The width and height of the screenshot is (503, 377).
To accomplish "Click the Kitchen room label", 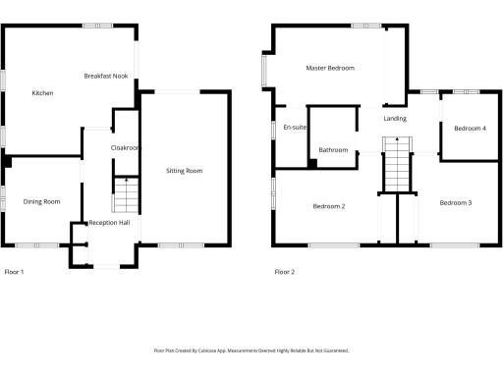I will click(x=42, y=93).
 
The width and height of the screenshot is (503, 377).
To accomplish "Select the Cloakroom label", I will click(x=127, y=147).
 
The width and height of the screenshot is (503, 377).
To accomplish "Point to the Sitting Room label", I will click(x=184, y=171).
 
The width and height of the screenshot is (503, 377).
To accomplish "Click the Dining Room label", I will click(x=42, y=201).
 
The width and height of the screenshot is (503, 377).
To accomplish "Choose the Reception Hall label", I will click(x=110, y=224).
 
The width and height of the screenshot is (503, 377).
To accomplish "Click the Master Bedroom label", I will click(x=329, y=69).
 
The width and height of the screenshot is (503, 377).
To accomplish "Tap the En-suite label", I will click(x=294, y=128).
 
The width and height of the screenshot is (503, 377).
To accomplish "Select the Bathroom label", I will click(x=334, y=150).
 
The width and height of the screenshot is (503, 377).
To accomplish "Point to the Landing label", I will click(x=395, y=118).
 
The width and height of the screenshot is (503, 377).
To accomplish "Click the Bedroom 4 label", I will click(x=470, y=128).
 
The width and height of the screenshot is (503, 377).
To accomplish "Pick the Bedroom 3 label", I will click(x=455, y=202).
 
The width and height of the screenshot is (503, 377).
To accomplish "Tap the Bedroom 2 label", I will click(x=329, y=206).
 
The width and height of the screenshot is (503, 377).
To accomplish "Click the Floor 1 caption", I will click(x=14, y=272).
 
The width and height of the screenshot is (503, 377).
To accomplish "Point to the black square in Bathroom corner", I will click(x=312, y=164).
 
